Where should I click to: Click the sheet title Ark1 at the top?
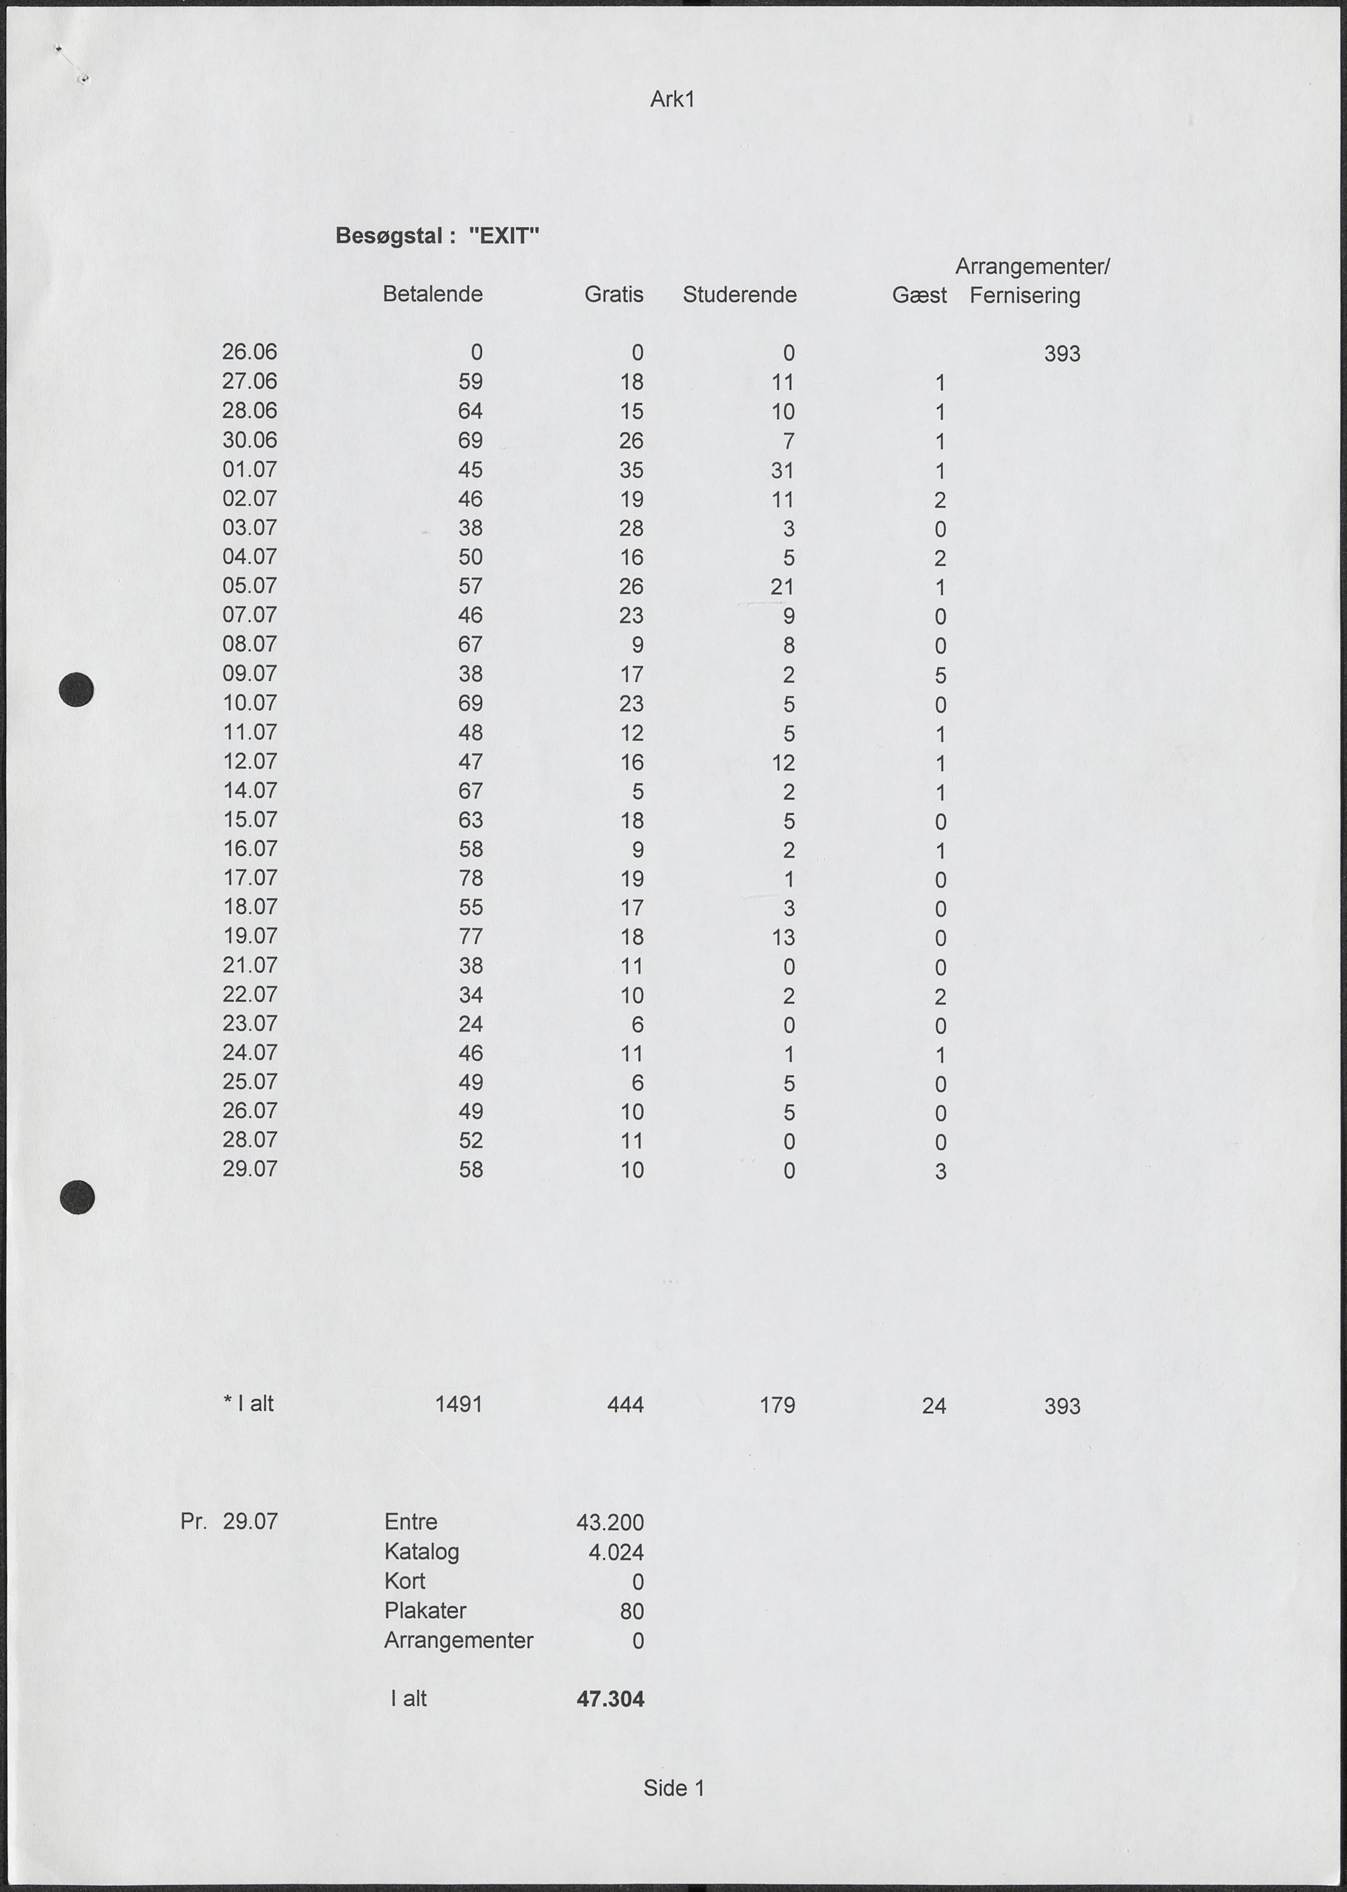pyautogui.click(x=672, y=100)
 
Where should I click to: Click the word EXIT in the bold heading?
pyautogui.click(x=504, y=236)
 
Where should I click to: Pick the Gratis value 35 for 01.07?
pyautogui.click(x=631, y=470)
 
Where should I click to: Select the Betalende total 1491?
pyautogui.click(x=459, y=1404)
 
